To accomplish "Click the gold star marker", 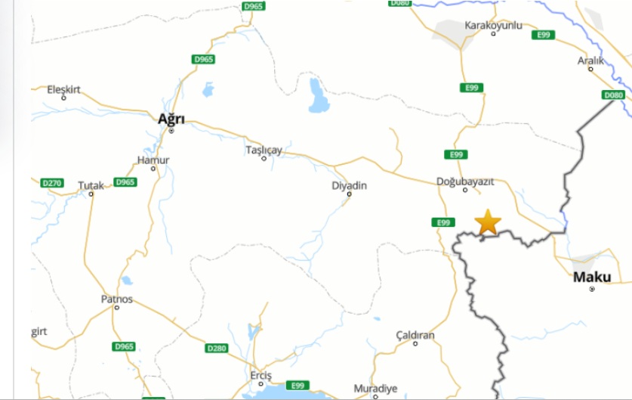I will [488, 222].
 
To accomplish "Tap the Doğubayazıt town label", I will [465, 181].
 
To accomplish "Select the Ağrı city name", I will [171, 119].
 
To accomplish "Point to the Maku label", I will [592, 277].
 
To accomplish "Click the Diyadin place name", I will [349, 185].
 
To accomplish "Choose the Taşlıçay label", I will [264, 150].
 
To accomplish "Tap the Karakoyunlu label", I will [493, 26].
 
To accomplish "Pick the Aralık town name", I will [590, 60].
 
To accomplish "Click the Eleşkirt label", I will [63, 89].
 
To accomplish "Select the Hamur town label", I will [153, 160].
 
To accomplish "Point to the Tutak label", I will [91, 184].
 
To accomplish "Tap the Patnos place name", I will [116, 299].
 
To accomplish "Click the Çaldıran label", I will [415, 334].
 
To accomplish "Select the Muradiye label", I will [375, 388].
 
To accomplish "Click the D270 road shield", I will [52, 183].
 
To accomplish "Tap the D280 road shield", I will [216, 349].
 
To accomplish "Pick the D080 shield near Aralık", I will [614, 95].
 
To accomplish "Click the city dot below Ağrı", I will [171, 131].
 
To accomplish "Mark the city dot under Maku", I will [592, 289].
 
